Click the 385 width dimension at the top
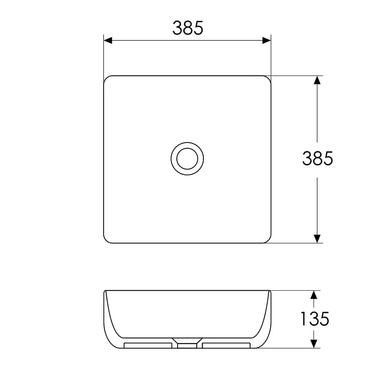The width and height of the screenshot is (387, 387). (187, 28)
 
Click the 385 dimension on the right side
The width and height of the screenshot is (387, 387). (317, 158)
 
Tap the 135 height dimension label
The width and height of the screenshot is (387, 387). (315, 319)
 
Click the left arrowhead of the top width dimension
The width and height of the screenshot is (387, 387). (108, 40)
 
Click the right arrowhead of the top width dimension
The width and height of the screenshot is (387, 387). (266, 40)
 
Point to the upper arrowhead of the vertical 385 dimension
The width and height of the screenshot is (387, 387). (317, 80)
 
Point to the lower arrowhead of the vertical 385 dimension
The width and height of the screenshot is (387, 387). (317, 239)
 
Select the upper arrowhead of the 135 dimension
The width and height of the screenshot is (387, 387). (314, 295)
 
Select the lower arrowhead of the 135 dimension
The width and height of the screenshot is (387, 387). (314, 344)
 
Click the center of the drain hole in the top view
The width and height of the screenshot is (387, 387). (187, 159)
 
